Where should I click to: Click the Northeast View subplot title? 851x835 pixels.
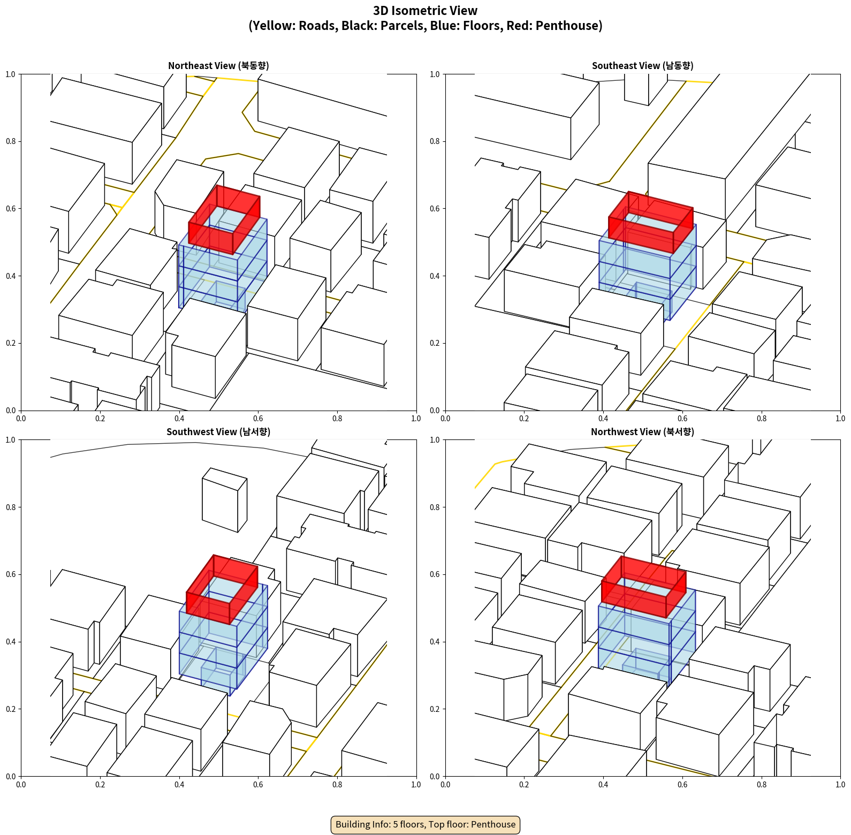tap(218, 66)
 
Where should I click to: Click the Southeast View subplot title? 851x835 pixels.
tap(642, 66)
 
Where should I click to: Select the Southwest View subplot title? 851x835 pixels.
tap(218, 432)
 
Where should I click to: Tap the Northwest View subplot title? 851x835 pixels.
tap(642, 432)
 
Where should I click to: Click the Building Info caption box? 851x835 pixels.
tap(425, 824)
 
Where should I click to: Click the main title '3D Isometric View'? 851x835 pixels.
tap(425, 11)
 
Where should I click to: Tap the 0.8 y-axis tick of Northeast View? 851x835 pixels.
tap(11, 141)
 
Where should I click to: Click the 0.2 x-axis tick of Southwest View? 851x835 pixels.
tap(100, 785)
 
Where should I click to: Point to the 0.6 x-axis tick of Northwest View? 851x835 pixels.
tap(682, 785)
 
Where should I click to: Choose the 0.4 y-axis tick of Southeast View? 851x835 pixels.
tap(435, 276)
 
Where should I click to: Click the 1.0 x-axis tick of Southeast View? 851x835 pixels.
tap(840, 419)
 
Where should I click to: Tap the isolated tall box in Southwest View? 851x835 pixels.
tap(224, 500)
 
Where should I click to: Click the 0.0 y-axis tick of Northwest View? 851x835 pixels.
tap(435, 776)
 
